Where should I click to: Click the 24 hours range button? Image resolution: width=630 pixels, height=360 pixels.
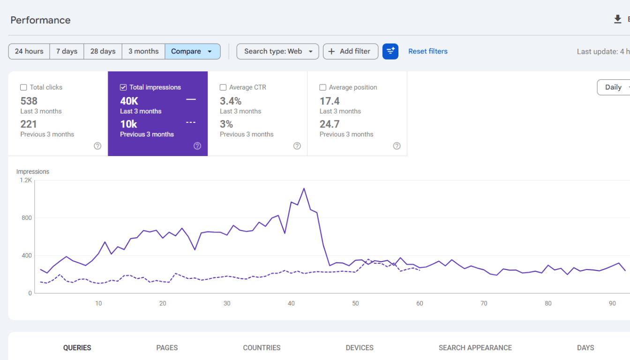tap(29, 52)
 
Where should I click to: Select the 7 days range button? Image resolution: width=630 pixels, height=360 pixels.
tap(67, 52)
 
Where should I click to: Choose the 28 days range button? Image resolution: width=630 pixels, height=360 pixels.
tap(103, 52)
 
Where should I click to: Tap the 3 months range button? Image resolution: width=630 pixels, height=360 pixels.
tap(143, 52)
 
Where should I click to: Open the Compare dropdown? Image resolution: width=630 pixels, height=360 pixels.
tap(193, 52)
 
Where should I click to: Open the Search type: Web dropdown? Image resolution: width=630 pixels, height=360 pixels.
tap(277, 52)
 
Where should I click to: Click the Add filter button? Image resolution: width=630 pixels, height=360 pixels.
tap(351, 52)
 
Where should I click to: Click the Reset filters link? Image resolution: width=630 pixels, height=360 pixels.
tap(428, 52)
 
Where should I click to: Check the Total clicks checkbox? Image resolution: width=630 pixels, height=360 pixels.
tap(23, 88)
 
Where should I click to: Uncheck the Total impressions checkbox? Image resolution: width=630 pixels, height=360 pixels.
tap(123, 88)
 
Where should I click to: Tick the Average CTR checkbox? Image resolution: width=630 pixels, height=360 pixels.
tap(223, 88)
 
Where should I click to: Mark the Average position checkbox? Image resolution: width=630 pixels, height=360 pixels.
tap(323, 88)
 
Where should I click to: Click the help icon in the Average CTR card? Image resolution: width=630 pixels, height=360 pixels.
tap(297, 146)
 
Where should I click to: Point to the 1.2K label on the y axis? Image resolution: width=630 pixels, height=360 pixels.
tap(26, 180)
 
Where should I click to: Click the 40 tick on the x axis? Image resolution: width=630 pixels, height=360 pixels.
tap(291, 303)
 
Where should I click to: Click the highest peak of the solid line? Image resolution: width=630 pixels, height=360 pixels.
tap(304, 188)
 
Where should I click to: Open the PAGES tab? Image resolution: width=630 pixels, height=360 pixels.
tap(167, 348)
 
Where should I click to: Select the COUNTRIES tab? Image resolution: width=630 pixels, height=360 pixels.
tap(262, 348)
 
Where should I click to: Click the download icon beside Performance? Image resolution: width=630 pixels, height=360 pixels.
tap(618, 19)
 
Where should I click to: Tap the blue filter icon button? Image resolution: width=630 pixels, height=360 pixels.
tap(390, 52)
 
